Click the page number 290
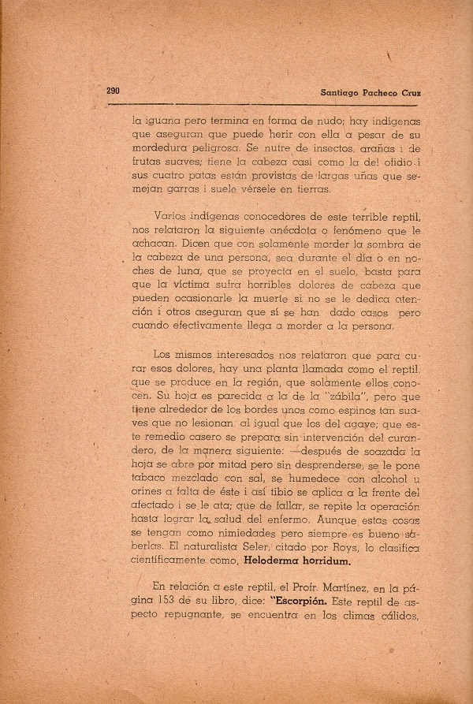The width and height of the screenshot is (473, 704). tap(114, 91)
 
